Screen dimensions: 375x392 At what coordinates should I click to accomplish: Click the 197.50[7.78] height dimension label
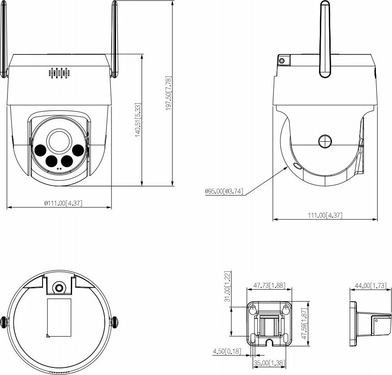[168, 93]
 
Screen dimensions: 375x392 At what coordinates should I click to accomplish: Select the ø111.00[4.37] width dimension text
[63, 203]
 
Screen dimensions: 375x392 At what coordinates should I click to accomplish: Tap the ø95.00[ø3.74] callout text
[224, 191]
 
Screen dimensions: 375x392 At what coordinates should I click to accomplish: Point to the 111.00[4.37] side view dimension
[325, 215]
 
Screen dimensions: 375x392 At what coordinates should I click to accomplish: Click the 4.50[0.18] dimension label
[226, 351]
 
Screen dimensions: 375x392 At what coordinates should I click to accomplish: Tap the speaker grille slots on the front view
[59, 73]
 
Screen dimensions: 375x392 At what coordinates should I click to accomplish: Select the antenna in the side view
[325, 40]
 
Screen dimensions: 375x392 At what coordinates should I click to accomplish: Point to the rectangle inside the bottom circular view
[59, 317]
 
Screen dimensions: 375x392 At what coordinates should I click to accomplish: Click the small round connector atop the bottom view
[58, 288]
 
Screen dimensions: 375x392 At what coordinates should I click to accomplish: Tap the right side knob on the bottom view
[115, 321]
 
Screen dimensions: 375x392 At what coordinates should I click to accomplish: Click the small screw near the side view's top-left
[282, 61]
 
